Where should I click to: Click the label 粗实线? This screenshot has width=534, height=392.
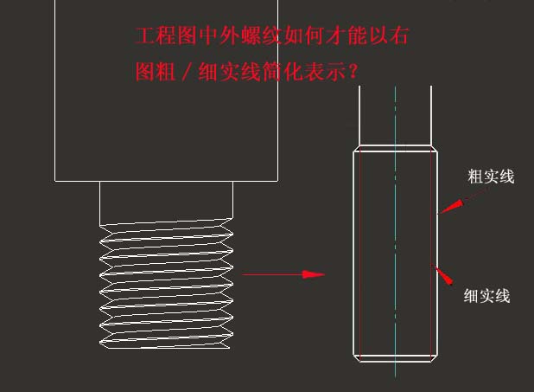(490, 177)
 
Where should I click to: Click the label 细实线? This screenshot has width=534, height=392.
(486, 296)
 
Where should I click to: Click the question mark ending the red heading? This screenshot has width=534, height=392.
(352, 72)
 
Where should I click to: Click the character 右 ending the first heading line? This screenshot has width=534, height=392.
(399, 37)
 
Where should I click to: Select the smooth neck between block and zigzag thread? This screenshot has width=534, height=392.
(166, 201)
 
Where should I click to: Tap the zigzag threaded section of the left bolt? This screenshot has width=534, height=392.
(166, 286)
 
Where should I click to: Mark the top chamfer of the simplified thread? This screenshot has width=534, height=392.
(395, 148)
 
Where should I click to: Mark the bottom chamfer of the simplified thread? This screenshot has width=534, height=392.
(395, 357)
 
